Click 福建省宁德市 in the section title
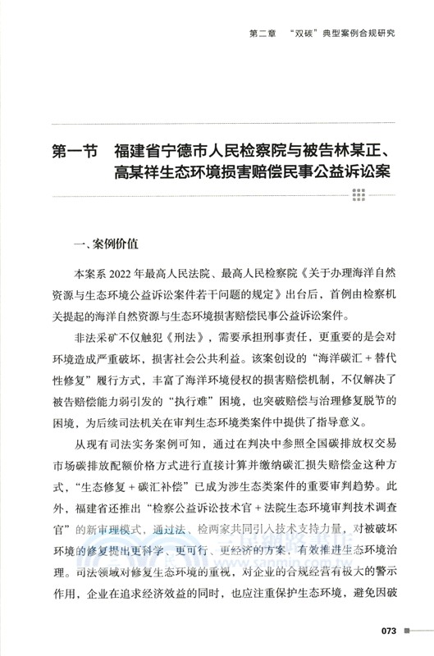pyautogui.click(x=165, y=153)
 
